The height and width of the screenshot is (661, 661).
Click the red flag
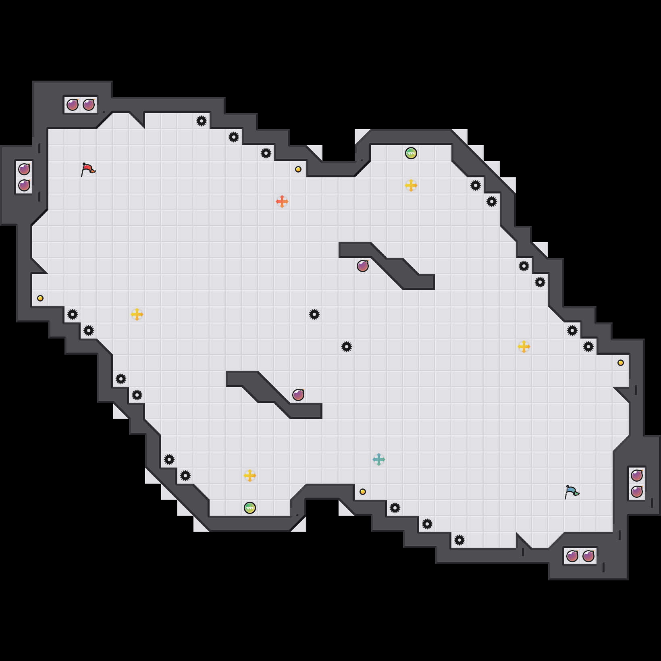(x=88, y=169)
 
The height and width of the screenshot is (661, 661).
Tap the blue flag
(x=572, y=492)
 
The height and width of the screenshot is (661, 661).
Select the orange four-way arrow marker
(x=282, y=201)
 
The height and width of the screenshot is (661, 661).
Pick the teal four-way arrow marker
(x=379, y=459)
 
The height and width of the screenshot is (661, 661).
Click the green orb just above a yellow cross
(x=411, y=153)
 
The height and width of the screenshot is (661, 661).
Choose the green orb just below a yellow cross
(x=250, y=508)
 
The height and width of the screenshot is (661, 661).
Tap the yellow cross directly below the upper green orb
(x=411, y=185)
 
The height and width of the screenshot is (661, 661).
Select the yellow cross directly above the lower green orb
(x=250, y=476)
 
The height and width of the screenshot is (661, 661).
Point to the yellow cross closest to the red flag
(x=137, y=314)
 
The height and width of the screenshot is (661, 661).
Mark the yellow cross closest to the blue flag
(x=524, y=347)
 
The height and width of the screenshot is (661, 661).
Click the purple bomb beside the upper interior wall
(x=363, y=266)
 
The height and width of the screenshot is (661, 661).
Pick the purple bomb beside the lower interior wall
(x=298, y=395)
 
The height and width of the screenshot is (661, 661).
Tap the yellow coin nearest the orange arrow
(x=298, y=169)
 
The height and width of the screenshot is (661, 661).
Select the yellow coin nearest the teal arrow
(x=363, y=492)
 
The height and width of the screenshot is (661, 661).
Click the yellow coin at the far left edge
(x=40, y=298)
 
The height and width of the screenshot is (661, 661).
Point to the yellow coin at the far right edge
(x=621, y=363)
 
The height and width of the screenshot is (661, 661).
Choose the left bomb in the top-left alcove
(x=73, y=105)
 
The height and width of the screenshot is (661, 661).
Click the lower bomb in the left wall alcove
(x=24, y=185)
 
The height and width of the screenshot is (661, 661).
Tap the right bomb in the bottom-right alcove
(x=588, y=556)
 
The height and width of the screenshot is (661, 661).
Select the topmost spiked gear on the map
(x=202, y=121)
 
